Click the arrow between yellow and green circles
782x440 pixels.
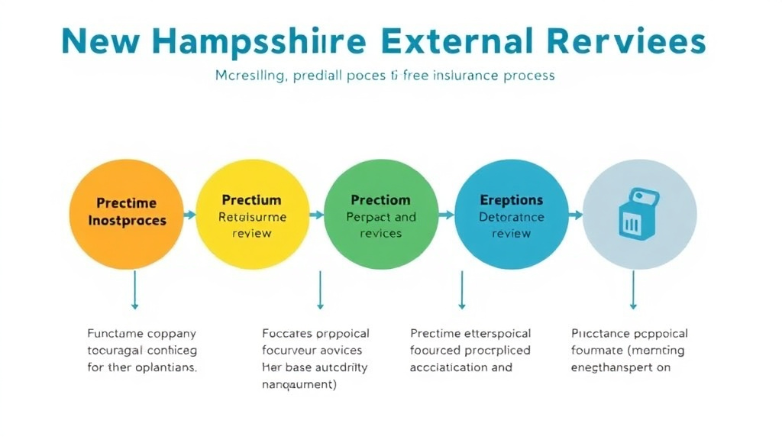317,215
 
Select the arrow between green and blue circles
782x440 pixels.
446,215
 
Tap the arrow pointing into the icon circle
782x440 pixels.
576,215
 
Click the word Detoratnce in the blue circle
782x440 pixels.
511,217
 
